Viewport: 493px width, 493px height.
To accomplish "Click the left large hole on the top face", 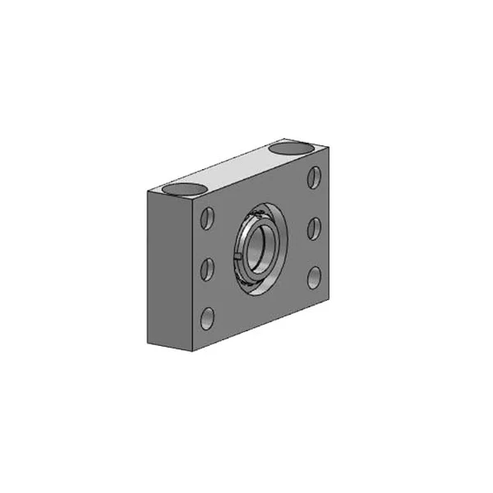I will pos(182,188).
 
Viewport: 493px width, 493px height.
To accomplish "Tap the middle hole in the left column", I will pos(207,268).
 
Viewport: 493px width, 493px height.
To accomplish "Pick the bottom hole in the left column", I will pos(207,316).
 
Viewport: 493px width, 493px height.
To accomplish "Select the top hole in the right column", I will pos(314,178).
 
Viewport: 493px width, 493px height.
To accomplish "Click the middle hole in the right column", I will pos(314,228).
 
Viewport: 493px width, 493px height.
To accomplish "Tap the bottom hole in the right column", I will pos(314,277).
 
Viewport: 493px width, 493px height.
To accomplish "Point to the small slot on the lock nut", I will pos(237,261).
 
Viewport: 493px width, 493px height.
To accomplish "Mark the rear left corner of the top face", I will pos(149,191).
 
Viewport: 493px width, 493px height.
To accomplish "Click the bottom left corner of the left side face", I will pos(149,339).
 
